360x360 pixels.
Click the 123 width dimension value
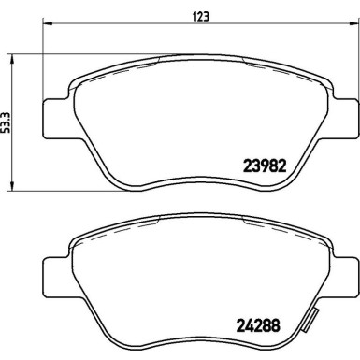coord(202,16)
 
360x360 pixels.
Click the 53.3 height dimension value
coord(6,122)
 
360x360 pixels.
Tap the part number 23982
coord(265,166)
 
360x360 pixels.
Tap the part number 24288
coord(259,325)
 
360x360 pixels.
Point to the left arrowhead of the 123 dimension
coord(48,23)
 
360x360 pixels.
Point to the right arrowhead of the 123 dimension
coord(354,23)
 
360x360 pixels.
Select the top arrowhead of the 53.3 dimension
coord(12,60)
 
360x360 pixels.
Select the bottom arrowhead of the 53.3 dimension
coord(12,185)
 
